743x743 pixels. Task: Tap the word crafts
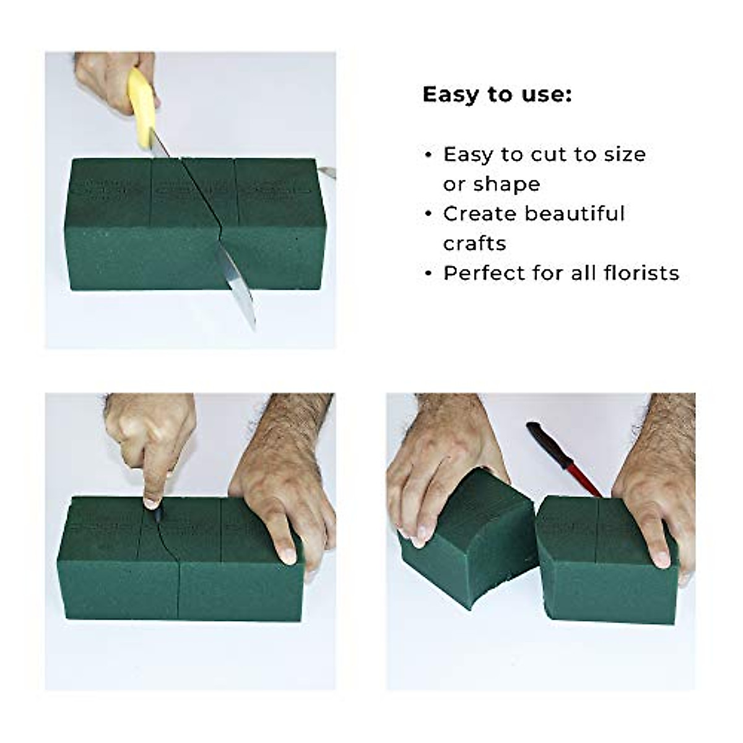point(474,243)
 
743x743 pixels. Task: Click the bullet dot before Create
point(428,214)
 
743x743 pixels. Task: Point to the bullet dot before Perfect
point(428,274)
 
